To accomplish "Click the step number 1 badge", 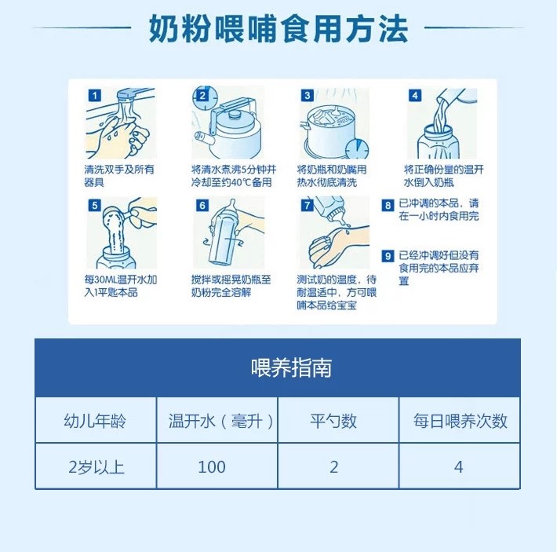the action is [x=95, y=95].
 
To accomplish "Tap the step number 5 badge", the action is [x=94, y=205].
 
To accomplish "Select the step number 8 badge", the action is [x=388, y=205].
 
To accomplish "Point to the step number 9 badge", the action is [x=388, y=256].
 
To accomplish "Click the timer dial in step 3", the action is [x=357, y=148].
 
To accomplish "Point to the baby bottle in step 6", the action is [x=223, y=235].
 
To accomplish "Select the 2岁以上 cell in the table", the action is [x=96, y=466].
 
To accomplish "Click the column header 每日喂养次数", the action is [x=460, y=421].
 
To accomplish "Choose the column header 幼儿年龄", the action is [x=96, y=421].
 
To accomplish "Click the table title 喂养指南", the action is [x=291, y=367].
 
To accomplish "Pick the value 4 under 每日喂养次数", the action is [x=460, y=466].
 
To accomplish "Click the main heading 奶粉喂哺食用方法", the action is [x=278, y=29].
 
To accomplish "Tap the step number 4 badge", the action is [x=415, y=95].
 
